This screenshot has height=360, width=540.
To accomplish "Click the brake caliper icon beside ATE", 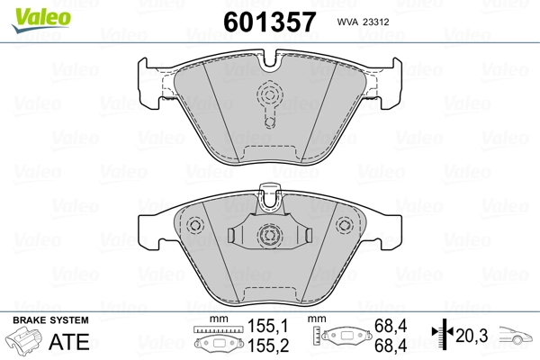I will [x=25, y=342].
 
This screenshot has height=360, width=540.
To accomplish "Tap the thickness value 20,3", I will [x=474, y=337].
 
